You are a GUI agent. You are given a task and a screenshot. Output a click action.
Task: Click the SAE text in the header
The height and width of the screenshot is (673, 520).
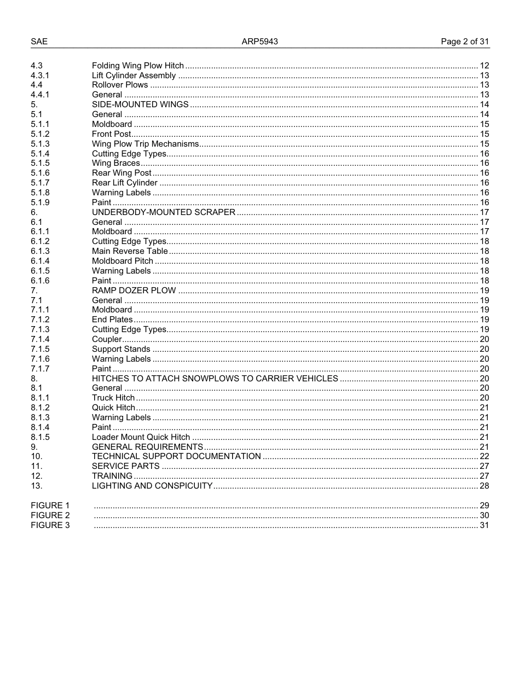(39, 42)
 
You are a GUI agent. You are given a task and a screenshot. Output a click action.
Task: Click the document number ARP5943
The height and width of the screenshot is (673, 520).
(260, 42)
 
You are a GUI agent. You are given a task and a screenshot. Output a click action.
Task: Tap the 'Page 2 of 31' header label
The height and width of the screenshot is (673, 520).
(465, 42)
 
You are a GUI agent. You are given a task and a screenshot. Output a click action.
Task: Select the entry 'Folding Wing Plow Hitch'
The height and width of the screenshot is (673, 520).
(137, 66)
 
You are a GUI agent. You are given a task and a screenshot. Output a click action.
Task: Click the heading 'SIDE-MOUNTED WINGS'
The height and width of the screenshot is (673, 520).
(140, 105)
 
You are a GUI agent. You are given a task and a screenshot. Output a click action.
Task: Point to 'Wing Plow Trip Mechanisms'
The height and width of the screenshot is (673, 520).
(145, 144)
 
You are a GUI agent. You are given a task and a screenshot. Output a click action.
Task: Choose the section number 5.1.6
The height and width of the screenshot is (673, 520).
(40, 173)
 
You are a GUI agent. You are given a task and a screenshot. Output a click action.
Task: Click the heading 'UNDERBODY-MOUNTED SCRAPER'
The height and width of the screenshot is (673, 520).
(164, 212)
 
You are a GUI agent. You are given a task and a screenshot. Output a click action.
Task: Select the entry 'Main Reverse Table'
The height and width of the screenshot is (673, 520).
(130, 251)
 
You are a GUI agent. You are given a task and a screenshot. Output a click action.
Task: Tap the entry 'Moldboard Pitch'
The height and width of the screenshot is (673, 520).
(123, 261)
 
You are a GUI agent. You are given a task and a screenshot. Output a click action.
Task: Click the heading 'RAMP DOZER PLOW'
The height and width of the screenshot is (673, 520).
(134, 291)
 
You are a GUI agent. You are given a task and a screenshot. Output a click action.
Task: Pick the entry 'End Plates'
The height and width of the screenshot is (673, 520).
(112, 320)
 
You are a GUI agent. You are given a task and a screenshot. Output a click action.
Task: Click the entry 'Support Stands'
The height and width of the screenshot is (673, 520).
(121, 349)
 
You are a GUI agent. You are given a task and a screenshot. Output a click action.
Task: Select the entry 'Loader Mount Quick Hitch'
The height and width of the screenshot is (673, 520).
(141, 437)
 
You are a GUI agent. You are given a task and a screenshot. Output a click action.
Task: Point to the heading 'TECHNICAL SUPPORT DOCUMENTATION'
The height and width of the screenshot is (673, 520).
(176, 456)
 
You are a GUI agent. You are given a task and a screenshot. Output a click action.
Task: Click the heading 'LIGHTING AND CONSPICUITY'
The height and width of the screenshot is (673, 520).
(152, 486)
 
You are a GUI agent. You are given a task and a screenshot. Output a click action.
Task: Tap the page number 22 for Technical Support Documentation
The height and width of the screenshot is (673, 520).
(484, 456)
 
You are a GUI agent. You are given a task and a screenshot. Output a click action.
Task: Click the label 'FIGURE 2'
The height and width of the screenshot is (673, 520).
(50, 515)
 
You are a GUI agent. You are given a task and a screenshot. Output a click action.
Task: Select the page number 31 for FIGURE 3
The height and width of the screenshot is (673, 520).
(484, 525)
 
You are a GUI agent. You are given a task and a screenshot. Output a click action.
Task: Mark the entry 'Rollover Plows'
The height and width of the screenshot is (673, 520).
(120, 85)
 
